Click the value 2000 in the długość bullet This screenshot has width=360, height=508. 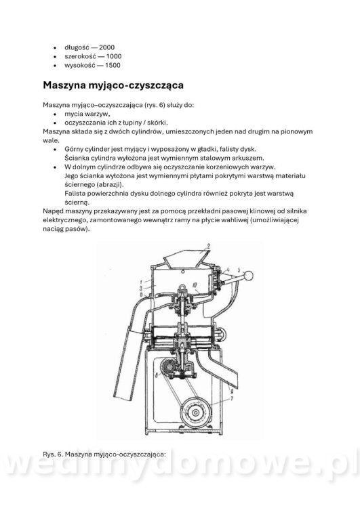point(106,47)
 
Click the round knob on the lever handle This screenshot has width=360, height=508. point(251,274)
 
